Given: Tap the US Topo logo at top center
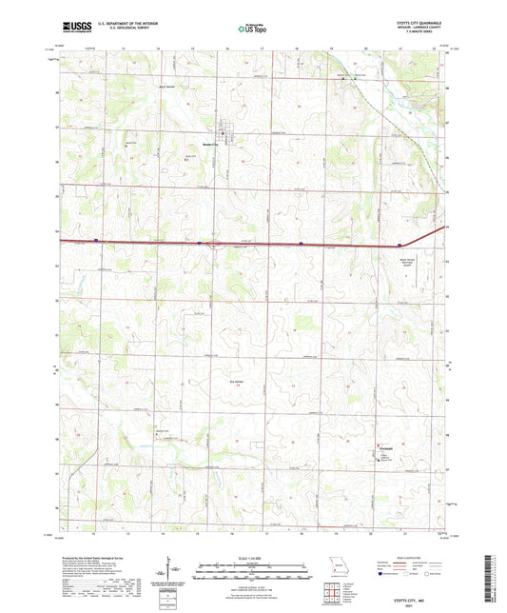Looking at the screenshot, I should pos(238,29).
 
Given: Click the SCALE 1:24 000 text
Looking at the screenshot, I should pos(252,558).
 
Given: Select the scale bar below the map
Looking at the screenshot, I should pos(252,573).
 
